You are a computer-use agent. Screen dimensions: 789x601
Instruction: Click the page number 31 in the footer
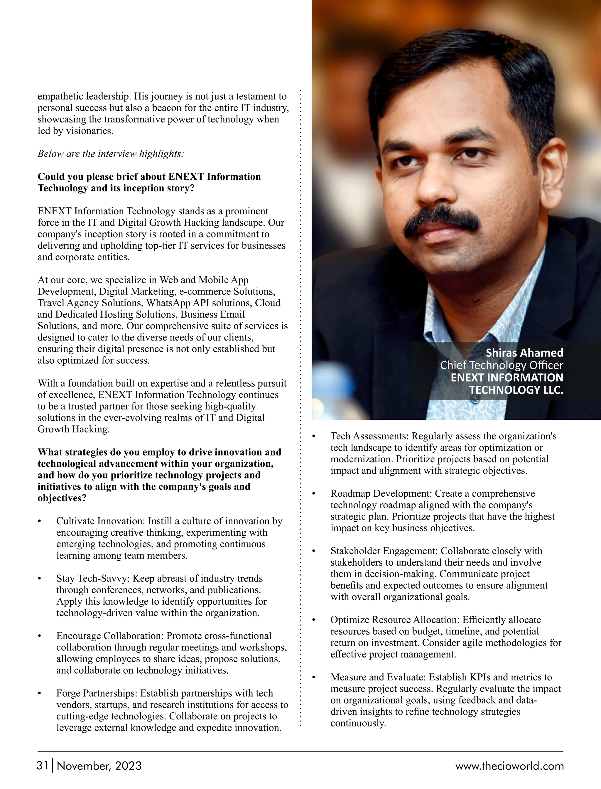[42, 766]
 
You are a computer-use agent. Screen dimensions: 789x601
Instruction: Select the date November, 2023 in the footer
[99, 766]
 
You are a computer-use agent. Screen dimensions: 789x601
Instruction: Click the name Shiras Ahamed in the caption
[524, 353]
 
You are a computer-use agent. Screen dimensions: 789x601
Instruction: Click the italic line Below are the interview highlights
[111, 154]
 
